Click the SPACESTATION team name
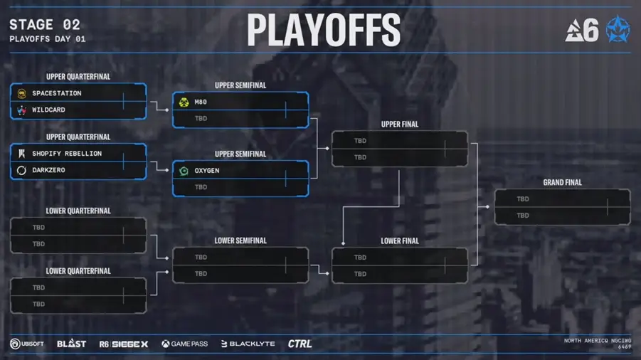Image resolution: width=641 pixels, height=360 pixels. (x=56, y=93)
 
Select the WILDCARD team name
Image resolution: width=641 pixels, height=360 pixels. (x=48, y=110)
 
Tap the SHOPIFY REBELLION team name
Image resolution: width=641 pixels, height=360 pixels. (x=67, y=154)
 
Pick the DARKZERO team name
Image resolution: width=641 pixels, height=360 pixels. (x=50, y=170)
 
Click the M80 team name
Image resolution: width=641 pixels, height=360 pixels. (x=201, y=102)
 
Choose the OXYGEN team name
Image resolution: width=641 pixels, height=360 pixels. (x=206, y=171)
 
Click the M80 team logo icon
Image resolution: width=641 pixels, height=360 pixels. (x=184, y=102)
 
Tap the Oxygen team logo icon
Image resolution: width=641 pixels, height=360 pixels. (x=184, y=171)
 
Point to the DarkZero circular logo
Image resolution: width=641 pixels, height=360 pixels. (x=21, y=170)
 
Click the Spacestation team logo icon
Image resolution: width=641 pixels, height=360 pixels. (x=21, y=93)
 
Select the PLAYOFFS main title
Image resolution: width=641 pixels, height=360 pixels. (x=324, y=30)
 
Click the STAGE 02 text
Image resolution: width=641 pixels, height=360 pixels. (x=44, y=26)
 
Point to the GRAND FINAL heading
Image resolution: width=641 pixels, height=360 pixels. (x=562, y=183)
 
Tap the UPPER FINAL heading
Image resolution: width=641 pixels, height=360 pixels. (x=400, y=125)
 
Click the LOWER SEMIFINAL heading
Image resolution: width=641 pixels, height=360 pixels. (x=240, y=240)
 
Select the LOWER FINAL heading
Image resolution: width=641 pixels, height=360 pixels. (x=400, y=241)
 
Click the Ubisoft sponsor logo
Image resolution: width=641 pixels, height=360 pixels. (x=26, y=344)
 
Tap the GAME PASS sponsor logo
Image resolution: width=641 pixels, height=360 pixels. (x=184, y=344)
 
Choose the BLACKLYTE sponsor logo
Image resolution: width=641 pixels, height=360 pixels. (x=248, y=344)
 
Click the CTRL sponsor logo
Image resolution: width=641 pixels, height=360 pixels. (x=300, y=344)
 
